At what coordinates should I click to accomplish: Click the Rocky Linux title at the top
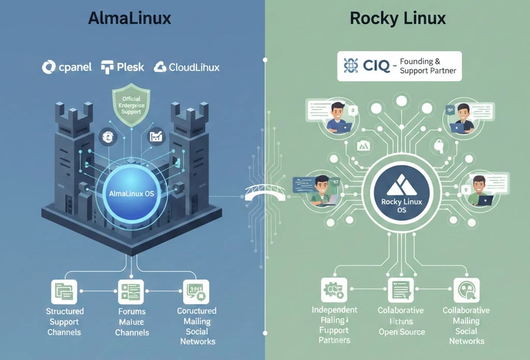click(x=397, y=19)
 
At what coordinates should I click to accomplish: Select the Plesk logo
click(x=123, y=67)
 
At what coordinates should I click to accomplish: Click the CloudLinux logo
click(x=187, y=67)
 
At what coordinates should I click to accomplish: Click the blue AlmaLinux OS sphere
click(x=133, y=193)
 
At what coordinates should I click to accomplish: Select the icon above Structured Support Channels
click(x=64, y=292)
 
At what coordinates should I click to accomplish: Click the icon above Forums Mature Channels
click(x=131, y=292)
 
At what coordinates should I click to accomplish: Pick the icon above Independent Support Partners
click(x=334, y=290)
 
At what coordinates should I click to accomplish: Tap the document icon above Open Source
click(x=401, y=290)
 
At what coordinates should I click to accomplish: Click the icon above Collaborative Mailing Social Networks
click(x=466, y=290)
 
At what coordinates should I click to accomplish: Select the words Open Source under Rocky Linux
click(x=401, y=332)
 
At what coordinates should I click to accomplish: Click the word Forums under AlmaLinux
click(x=131, y=311)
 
